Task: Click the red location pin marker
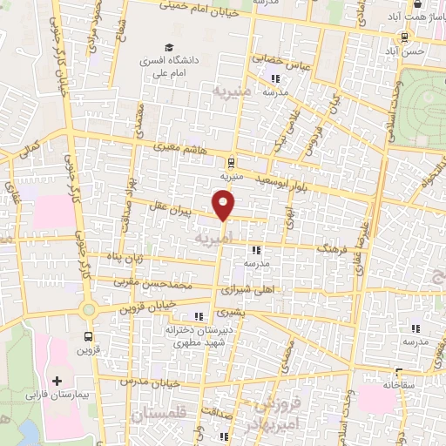pos(225,206)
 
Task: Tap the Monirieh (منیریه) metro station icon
pos(230,162)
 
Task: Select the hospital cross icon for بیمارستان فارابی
pos(57,381)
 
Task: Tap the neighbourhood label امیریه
pos(214,237)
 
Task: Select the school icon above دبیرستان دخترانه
pos(199,315)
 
